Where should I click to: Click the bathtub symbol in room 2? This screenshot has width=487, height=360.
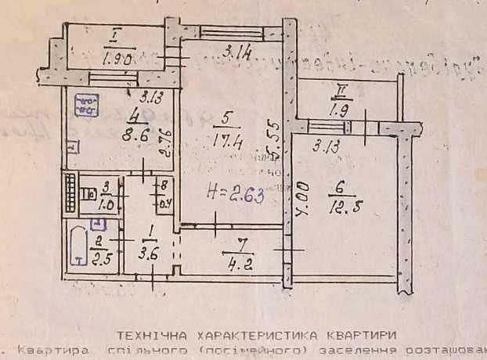(79, 249)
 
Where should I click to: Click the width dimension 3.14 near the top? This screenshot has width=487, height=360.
(233, 53)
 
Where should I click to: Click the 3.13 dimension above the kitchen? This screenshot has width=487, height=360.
(150, 98)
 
